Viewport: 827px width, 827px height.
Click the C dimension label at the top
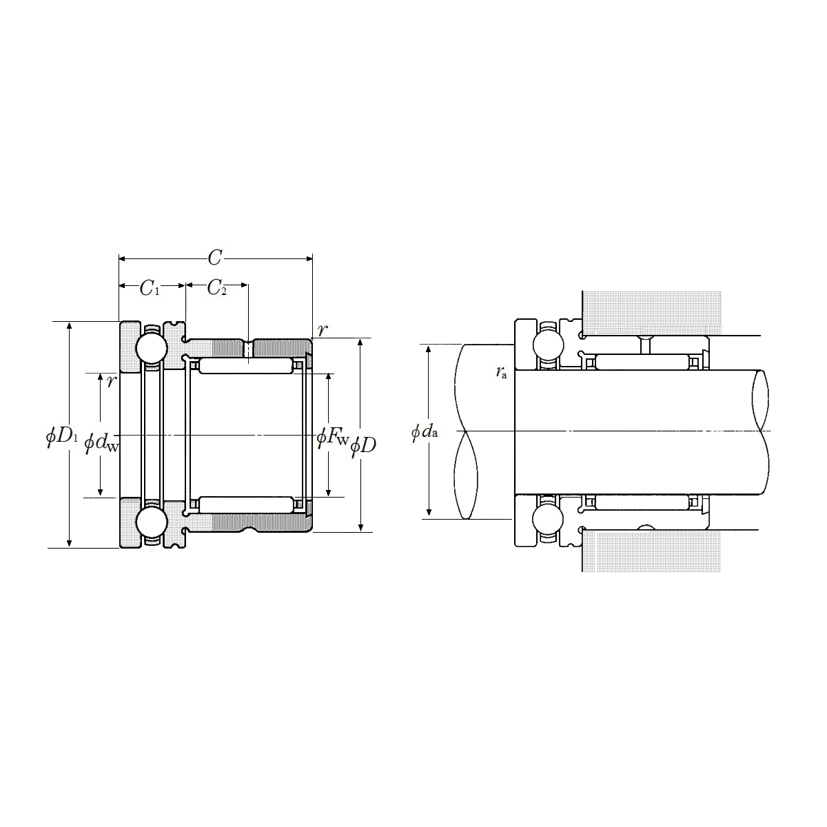coord(215,258)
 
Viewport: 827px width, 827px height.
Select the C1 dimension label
coord(150,288)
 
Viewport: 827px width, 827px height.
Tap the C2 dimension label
coord(216,287)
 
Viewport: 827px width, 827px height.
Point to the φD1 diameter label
coord(62,436)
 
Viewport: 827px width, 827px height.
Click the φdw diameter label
coord(101,442)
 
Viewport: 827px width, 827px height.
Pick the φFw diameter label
coord(333,437)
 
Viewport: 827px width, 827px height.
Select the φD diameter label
coord(363,447)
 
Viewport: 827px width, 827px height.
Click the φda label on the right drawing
coord(425,431)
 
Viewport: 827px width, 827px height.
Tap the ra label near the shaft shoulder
coord(501,372)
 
